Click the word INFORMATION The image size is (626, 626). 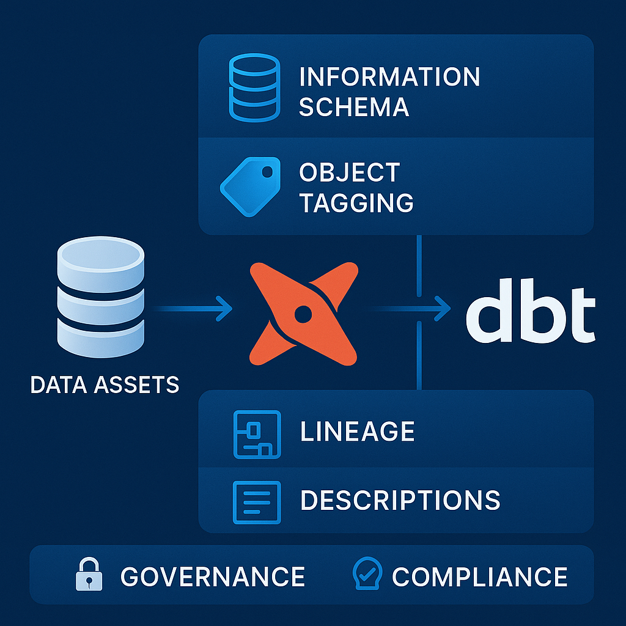389,76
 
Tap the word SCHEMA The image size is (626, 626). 354,107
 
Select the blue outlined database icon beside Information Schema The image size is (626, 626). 254,87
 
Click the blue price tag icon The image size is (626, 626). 250,186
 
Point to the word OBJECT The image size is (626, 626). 349,172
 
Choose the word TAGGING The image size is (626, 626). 356,203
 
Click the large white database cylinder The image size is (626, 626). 101,297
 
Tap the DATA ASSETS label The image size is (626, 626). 105,385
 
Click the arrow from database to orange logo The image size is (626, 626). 192,308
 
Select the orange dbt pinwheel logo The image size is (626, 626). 303,314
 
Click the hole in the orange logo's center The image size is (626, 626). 303,314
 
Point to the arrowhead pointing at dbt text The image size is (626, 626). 443,308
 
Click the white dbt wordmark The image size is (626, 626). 531,311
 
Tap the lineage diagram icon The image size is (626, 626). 257,435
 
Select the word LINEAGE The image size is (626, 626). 357,431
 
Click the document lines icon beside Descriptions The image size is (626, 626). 257,503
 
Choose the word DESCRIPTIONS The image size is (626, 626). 400,500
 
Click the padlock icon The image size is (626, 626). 89,573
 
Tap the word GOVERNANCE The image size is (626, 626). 213,576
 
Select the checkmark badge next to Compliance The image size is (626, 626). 367,573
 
